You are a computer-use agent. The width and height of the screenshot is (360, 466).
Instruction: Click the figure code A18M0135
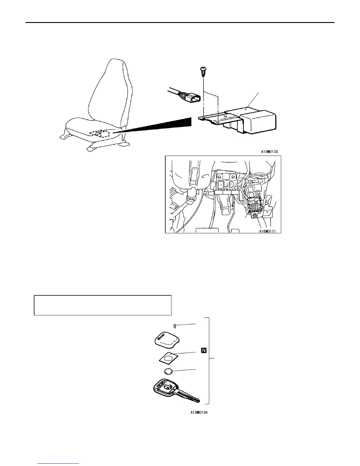pyautogui.click(x=269, y=152)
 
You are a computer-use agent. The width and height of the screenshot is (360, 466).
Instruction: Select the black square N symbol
pyautogui.click(x=204, y=350)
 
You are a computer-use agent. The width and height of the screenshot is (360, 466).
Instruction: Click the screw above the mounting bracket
pyautogui.click(x=203, y=71)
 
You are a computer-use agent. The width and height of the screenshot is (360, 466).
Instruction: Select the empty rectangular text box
pyautogui.click(x=103, y=305)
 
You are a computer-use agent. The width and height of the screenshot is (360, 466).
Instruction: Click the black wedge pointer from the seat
pyautogui.click(x=165, y=125)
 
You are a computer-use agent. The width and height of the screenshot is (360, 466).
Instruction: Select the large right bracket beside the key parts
pyautogui.click(x=209, y=360)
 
